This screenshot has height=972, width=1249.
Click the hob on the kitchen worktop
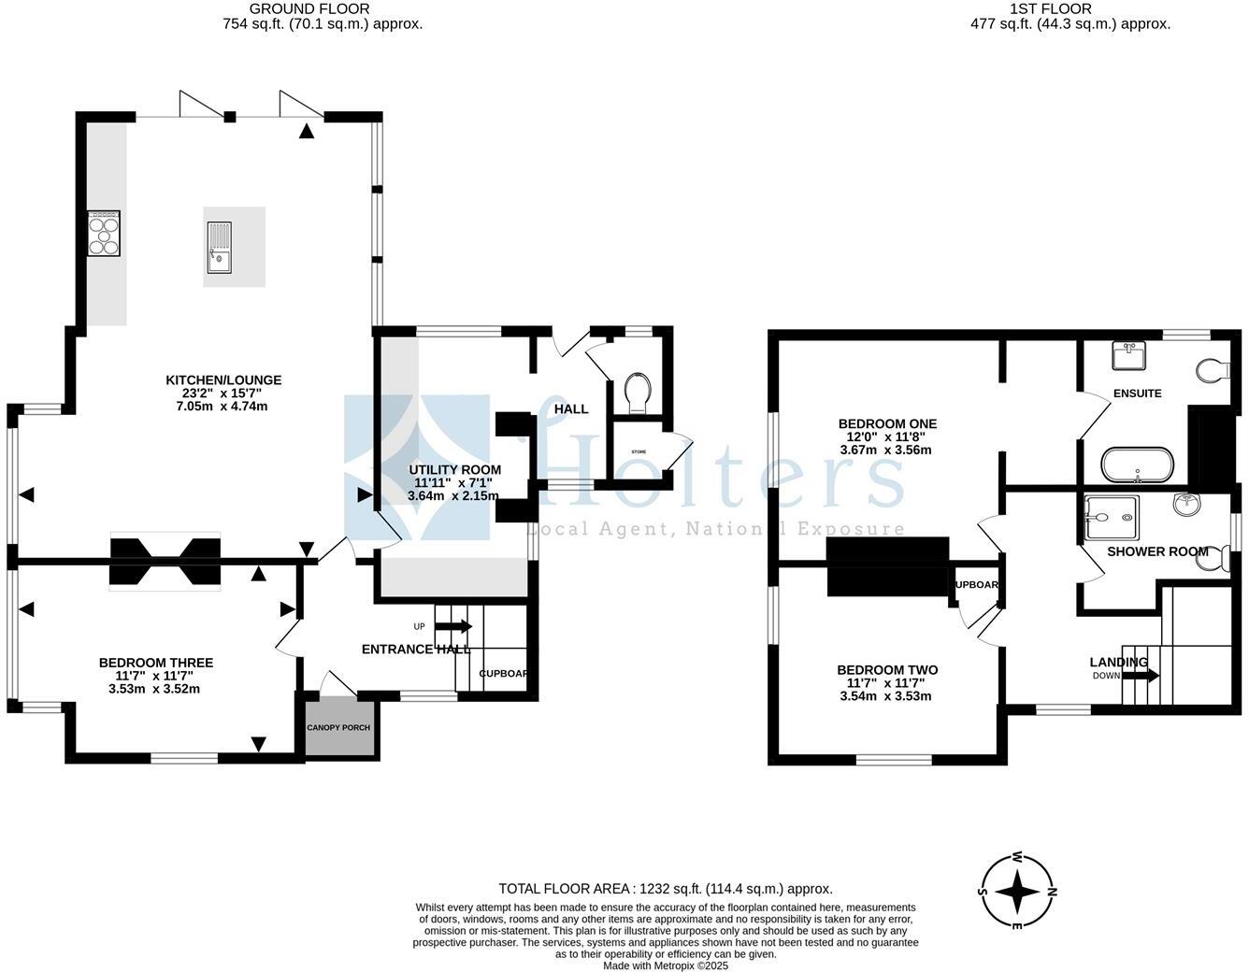pyautogui.click(x=104, y=233)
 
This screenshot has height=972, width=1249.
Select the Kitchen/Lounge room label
pyautogui.click(x=223, y=380)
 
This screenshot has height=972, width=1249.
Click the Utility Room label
pyautogui.click(x=455, y=470)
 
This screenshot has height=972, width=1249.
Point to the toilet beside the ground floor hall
pyautogui.click(x=638, y=393)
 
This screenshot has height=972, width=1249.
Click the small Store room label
pyautogui.click(x=639, y=451)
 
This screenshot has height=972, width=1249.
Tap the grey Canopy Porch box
pyautogui.click(x=338, y=727)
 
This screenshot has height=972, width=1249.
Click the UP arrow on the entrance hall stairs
pyautogui.click(x=453, y=626)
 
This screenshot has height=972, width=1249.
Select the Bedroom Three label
pyautogui.click(x=156, y=663)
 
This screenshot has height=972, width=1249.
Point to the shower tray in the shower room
pyautogui.click(x=1112, y=518)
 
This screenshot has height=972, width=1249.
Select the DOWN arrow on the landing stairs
pyautogui.click(x=1141, y=675)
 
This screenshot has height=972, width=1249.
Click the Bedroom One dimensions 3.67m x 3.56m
pyautogui.click(x=886, y=450)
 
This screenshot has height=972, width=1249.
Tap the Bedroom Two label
pyautogui.click(x=887, y=670)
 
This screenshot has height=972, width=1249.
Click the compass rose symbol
pyautogui.click(x=1016, y=892)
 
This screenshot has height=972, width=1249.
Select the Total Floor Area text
pyautogui.click(x=665, y=889)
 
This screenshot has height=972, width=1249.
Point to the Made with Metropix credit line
pyautogui.click(x=665, y=965)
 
